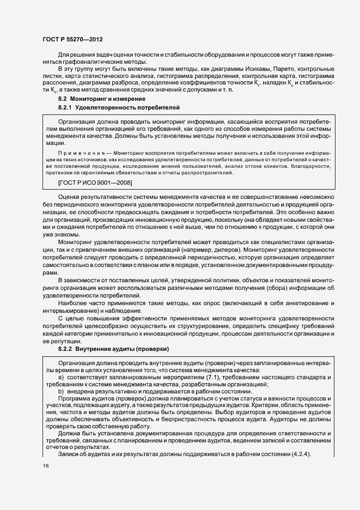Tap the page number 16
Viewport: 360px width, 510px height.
(45, 465)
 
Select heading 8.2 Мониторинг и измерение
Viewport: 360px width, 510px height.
(94, 98)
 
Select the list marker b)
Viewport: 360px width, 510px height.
(62, 391)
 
